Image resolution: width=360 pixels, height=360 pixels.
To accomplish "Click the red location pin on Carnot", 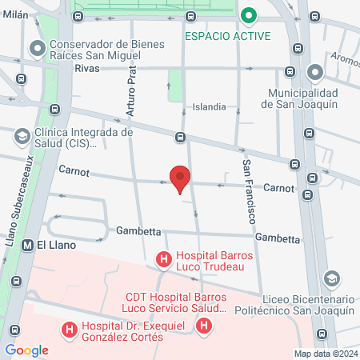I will point(180,178).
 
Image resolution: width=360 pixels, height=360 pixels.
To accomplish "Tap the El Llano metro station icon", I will point(28,245).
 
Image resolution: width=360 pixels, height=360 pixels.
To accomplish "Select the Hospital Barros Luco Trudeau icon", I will point(163,259).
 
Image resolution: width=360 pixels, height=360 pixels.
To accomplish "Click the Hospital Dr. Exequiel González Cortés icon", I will point(70,328).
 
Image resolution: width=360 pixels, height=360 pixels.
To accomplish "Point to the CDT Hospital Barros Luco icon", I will point(205,326).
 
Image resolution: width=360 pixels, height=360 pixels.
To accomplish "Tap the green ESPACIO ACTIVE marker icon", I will point(249,15).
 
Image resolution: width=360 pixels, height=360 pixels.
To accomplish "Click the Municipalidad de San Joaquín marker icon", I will point(314,73).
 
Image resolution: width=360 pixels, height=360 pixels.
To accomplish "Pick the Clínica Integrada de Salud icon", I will point(23,137).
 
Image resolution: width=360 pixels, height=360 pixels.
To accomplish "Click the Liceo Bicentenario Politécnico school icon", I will point(330,278).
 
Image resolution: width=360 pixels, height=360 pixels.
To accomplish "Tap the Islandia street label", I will point(214,106).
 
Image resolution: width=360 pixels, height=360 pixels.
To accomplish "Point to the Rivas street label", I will point(86,69).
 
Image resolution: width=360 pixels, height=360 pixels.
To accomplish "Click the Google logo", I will point(27,350).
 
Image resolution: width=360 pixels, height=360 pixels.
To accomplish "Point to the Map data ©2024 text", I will point(325,354).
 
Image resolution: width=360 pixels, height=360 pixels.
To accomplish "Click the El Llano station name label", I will point(55,245).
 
